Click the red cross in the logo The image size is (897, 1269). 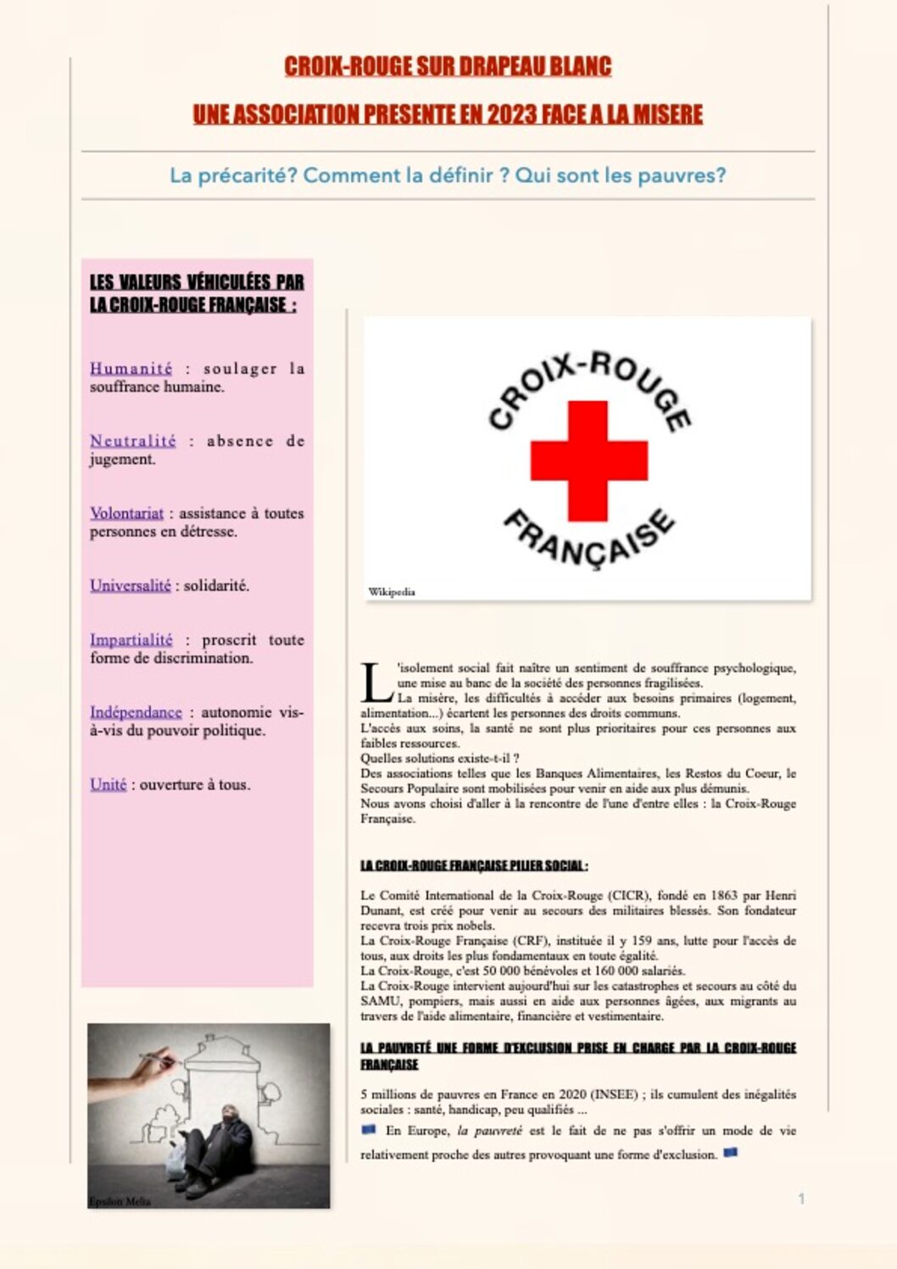pos(588,460)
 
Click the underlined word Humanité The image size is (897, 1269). pos(131,369)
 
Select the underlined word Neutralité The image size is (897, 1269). pos(133,441)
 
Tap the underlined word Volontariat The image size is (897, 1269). pos(126,513)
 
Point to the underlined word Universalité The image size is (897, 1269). pos(130,586)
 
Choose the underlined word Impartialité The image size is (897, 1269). pos(131,640)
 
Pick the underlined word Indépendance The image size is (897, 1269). pos(136,712)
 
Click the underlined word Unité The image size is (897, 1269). pos(108,785)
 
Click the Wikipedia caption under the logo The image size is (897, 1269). pos(392,592)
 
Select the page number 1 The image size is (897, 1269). pos(801,1199)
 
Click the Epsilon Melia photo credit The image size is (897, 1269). pos(120,1201)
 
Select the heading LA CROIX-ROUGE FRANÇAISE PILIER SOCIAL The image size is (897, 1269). pos(474,865)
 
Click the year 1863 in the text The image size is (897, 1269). pos(729,895)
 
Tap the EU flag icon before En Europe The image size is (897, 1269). pos(368,1129)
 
